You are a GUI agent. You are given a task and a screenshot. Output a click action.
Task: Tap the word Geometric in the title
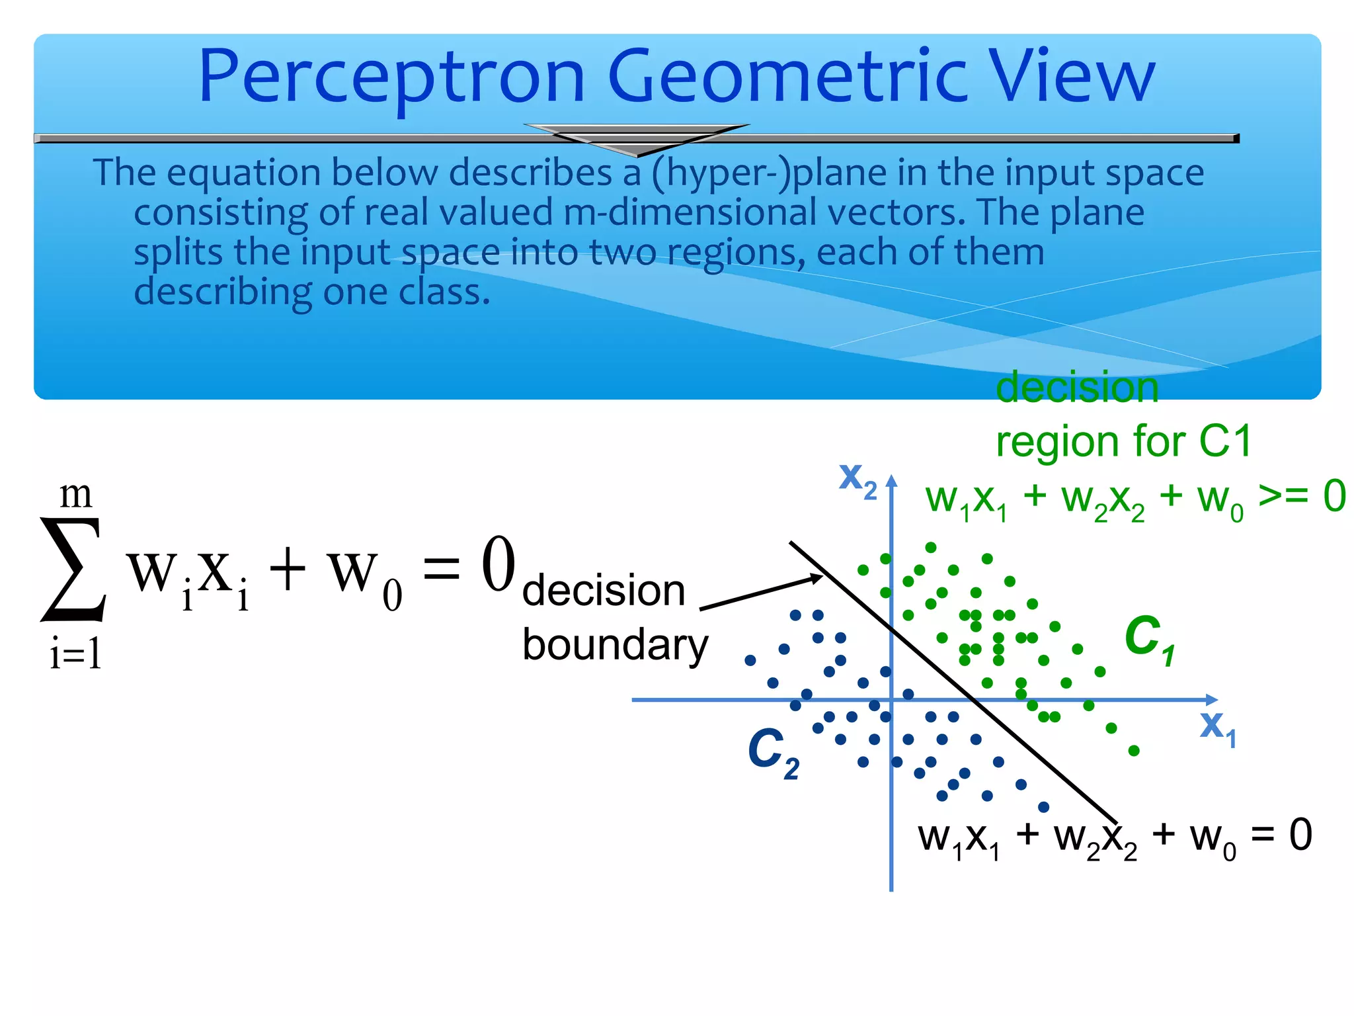click(787, 78)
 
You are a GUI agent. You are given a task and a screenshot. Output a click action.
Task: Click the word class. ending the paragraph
click(444, 292)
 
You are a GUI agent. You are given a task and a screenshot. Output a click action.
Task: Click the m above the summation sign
click(75, 495)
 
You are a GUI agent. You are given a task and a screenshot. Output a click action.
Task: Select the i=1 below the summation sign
click(75, 655)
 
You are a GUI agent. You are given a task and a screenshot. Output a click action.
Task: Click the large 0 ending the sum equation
click(498, 564)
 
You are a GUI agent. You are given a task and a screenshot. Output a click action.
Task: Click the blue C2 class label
click(772, 752)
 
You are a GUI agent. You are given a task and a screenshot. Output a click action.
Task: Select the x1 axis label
click(1216, 726)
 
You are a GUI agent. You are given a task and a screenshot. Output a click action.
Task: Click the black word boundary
click(615, 645)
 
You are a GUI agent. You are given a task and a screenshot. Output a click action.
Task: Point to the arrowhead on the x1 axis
click(1212, 699)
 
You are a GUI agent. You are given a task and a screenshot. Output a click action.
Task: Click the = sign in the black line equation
click(1262, 835)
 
